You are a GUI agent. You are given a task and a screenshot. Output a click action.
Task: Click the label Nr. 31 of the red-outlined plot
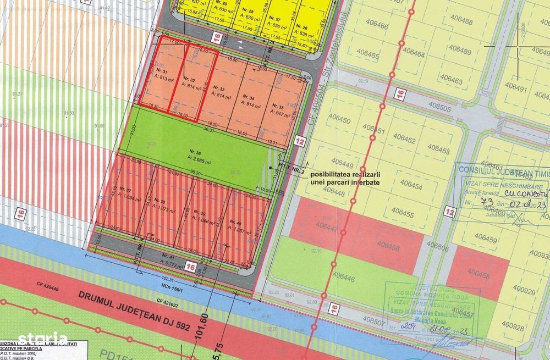162,71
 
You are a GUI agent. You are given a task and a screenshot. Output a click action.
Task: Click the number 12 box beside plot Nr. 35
299,140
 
